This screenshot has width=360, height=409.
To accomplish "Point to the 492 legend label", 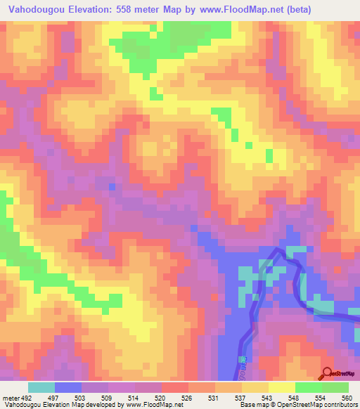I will (27, 396).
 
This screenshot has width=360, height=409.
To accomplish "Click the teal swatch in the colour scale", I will (41, 387).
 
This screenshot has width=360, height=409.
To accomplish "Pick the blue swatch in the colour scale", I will (68, 387).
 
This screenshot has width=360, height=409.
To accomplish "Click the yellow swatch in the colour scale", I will (282, 387).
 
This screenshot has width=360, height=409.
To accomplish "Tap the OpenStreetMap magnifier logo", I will (328, 374).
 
